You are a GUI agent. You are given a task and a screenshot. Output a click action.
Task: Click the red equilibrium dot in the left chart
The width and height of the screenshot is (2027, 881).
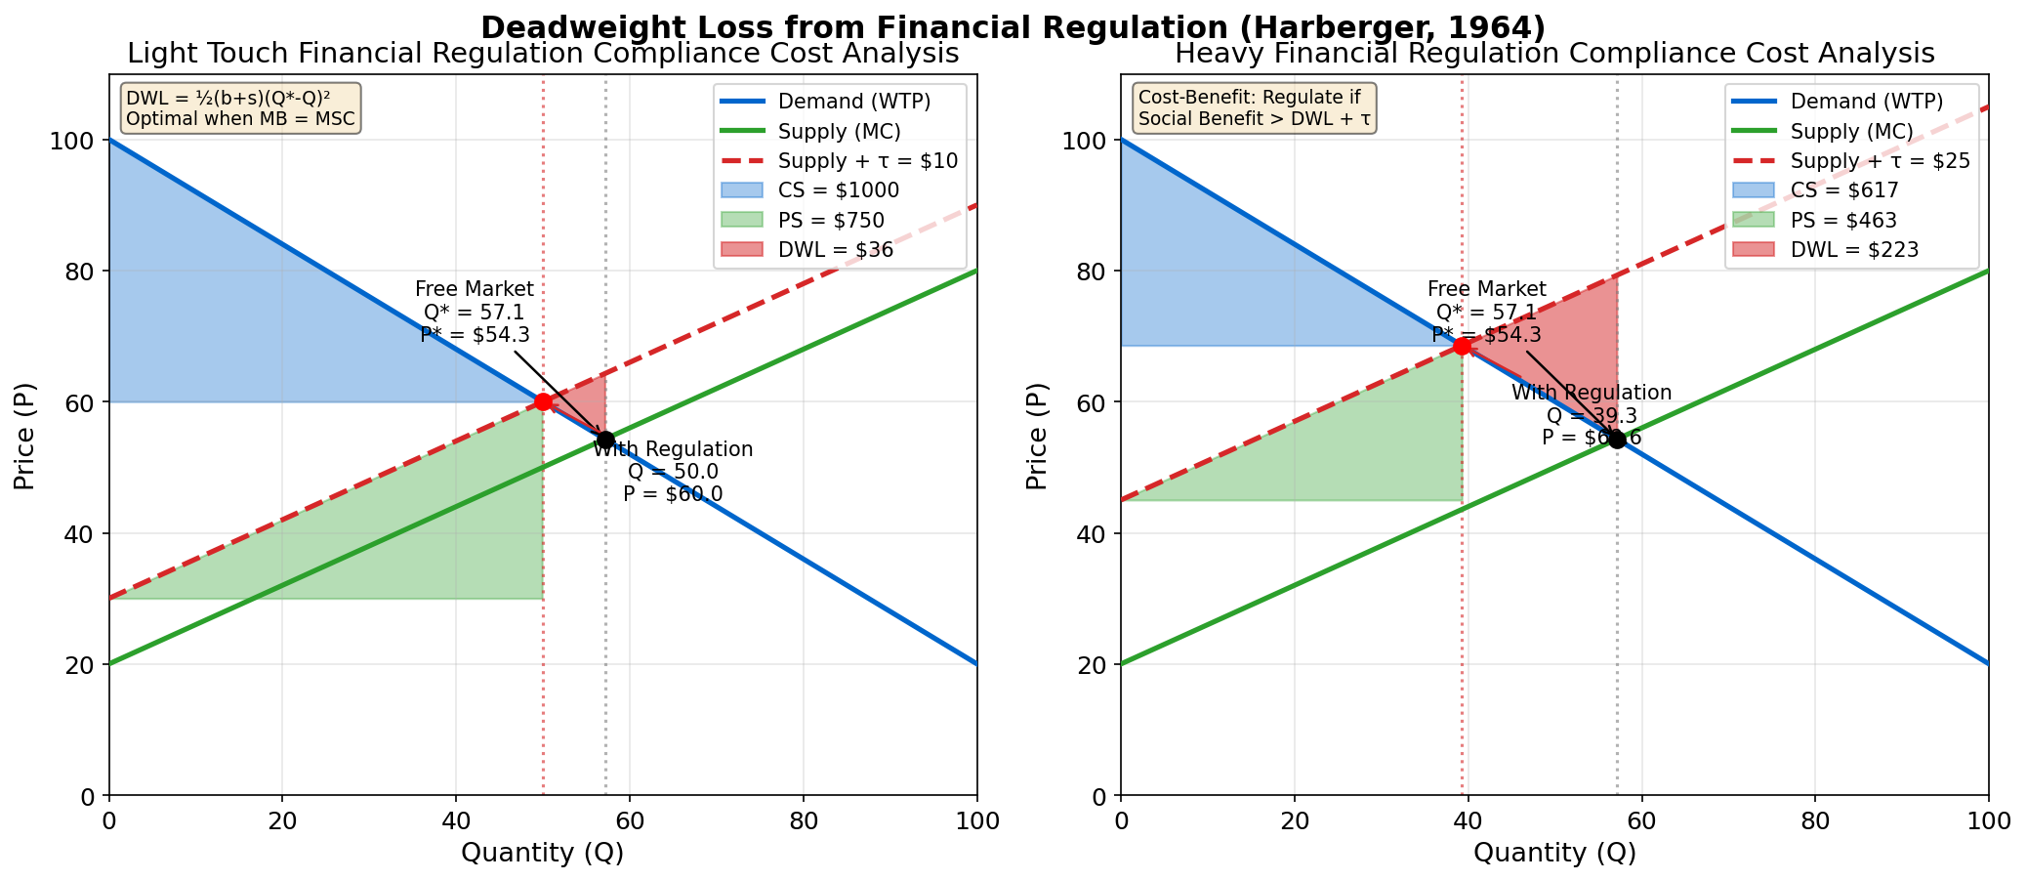point(543,401)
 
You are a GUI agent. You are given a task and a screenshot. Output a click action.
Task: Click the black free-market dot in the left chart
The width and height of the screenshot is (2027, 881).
point(605,440)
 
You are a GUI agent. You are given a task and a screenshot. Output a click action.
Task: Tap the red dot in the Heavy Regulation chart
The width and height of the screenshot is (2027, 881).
point(1462,346)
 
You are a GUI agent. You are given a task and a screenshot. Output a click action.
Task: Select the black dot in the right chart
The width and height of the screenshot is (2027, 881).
point(1617,440)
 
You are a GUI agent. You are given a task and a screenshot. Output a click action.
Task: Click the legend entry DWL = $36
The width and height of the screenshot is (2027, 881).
point(836,250)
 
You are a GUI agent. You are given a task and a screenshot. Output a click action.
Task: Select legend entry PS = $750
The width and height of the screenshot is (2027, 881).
point(831,220)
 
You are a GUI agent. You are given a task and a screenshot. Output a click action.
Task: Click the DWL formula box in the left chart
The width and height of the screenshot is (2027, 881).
point(240,107)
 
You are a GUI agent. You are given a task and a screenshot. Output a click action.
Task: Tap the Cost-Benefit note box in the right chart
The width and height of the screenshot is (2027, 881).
point(1254,107)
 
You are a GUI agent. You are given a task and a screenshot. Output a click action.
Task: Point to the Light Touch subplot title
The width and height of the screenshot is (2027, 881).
point(543,53)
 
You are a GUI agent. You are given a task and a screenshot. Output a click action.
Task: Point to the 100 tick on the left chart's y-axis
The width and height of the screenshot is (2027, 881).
point(78,141)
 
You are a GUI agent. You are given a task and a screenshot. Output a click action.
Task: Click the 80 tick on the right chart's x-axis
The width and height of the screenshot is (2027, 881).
point(1814,820)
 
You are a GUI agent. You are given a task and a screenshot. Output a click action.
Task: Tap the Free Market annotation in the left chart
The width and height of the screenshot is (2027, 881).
point(475,312)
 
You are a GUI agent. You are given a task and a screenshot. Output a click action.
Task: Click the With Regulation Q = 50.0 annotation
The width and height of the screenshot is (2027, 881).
point(673,472)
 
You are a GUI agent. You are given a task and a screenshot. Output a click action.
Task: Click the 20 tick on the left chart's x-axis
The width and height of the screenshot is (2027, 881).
point(282,820)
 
